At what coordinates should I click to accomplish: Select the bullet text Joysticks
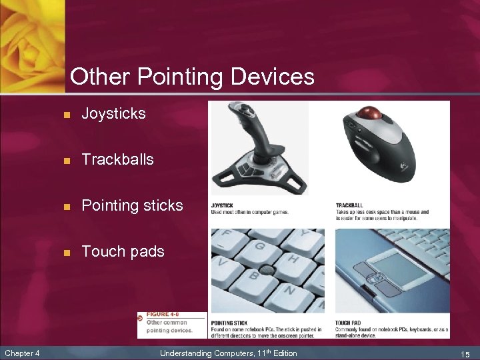point(113,114)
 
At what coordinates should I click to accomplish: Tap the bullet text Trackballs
point(117,160)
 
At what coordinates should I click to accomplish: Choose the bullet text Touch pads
point(123,252)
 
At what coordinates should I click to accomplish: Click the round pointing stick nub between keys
point(267,270)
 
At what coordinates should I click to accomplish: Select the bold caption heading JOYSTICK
point(223,205)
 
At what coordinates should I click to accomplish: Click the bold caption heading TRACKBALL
point(350,205)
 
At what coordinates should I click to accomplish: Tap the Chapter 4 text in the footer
point(23,353)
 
